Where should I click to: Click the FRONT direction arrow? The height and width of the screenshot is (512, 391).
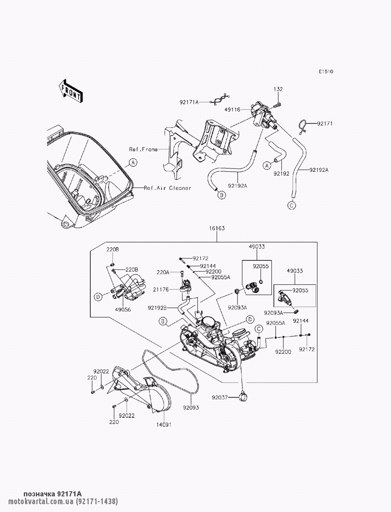(70, 91)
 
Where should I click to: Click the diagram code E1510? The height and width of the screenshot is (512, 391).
(326, 72)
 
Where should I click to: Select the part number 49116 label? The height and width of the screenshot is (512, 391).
(232, 110)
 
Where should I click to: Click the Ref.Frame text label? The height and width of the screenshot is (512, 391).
(143, 149)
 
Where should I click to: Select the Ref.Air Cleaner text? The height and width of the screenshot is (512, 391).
(167, 188)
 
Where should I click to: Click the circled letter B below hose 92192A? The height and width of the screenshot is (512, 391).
(222, 195)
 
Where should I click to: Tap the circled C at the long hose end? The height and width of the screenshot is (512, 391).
(291, 205)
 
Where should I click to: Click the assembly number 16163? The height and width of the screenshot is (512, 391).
(217, 228)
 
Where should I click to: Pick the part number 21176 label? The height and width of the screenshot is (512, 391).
(161, 289)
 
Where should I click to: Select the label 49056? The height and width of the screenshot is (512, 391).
(123, 310)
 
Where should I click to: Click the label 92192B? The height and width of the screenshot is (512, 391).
(157, 308)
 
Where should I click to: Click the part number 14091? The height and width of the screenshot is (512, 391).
(164, 424)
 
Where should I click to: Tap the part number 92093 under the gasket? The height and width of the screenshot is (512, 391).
(191, 408)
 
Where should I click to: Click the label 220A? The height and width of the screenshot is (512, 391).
(163, 272)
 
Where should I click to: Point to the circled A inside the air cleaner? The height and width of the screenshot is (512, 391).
(133, 162)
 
